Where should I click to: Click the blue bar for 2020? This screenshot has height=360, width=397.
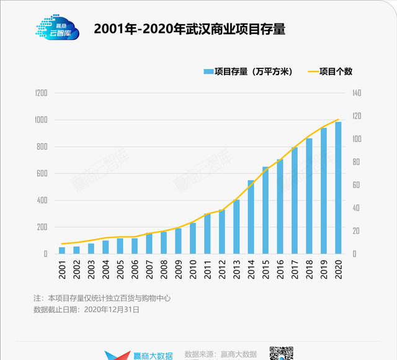339,188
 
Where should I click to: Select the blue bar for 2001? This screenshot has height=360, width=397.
62,250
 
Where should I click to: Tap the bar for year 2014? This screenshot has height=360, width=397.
251,217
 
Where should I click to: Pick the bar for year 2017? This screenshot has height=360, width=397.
295,200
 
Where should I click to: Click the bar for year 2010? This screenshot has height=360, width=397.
193,238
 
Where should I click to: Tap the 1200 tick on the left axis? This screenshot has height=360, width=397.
41,93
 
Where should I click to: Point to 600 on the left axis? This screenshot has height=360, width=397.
42,173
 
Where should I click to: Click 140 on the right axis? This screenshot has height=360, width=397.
356,93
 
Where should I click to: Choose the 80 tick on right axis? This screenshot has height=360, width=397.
354,162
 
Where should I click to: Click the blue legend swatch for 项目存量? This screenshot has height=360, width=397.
208,71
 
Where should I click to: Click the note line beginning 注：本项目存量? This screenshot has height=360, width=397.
102,298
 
